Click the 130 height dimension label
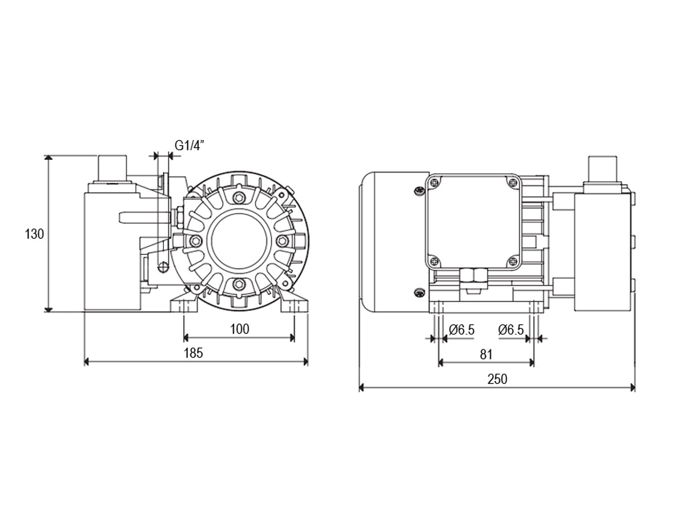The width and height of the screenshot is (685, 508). (x=34, y=234)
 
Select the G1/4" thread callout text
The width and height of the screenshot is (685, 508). (x=190, y=145)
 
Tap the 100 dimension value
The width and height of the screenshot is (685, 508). (x=240, y=329)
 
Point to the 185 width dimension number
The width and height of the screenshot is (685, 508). (x=194, y=353)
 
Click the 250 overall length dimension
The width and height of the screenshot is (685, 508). (x=497, y=379)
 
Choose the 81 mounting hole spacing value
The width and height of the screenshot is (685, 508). (x=486, y=355)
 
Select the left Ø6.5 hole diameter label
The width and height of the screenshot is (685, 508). (x=461, y=330)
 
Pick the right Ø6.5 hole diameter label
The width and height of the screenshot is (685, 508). (x=511, y=330)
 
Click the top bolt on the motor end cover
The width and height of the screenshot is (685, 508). (x=239, y=197)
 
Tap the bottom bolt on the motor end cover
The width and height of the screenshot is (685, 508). (x=239, y=283)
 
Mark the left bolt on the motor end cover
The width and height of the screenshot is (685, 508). (x=195, y=241)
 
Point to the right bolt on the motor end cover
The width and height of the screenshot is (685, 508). (x=281, y=241)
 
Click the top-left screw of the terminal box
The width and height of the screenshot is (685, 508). (x=435, y=182)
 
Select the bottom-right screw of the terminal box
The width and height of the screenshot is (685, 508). (x=513, y=261)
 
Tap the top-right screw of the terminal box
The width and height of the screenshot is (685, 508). (x=513, y=182)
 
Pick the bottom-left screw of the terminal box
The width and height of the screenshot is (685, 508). (x=435, y=261)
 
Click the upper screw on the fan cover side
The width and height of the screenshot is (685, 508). (x=418, y=191)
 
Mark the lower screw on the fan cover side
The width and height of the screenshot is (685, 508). (x=418, y=291)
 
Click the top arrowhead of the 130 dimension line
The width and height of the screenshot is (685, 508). (x=47, y=158)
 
